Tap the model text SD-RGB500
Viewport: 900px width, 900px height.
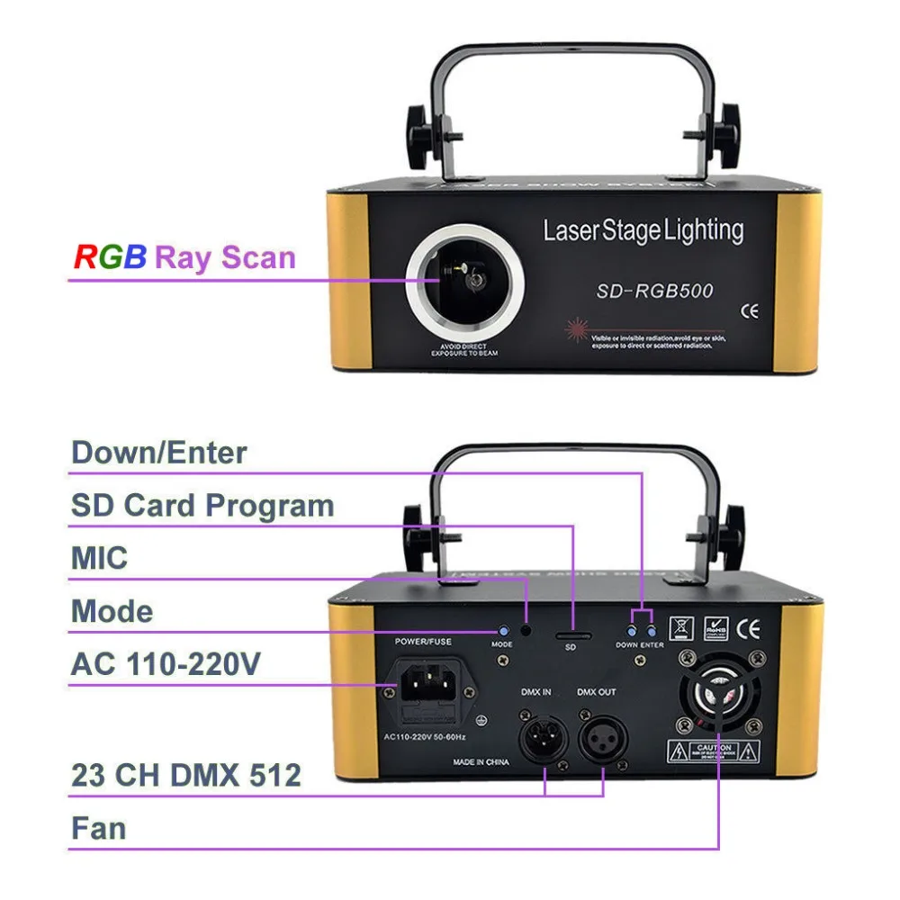654,291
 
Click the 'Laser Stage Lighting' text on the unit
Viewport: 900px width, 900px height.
643,230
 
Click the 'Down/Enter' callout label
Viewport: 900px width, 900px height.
159,452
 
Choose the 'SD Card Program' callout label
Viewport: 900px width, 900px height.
202,505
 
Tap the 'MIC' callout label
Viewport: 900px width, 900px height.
99,558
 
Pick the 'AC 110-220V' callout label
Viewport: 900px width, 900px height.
166,664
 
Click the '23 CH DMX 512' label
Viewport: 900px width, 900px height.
186,774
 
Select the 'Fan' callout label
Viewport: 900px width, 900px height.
99,828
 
